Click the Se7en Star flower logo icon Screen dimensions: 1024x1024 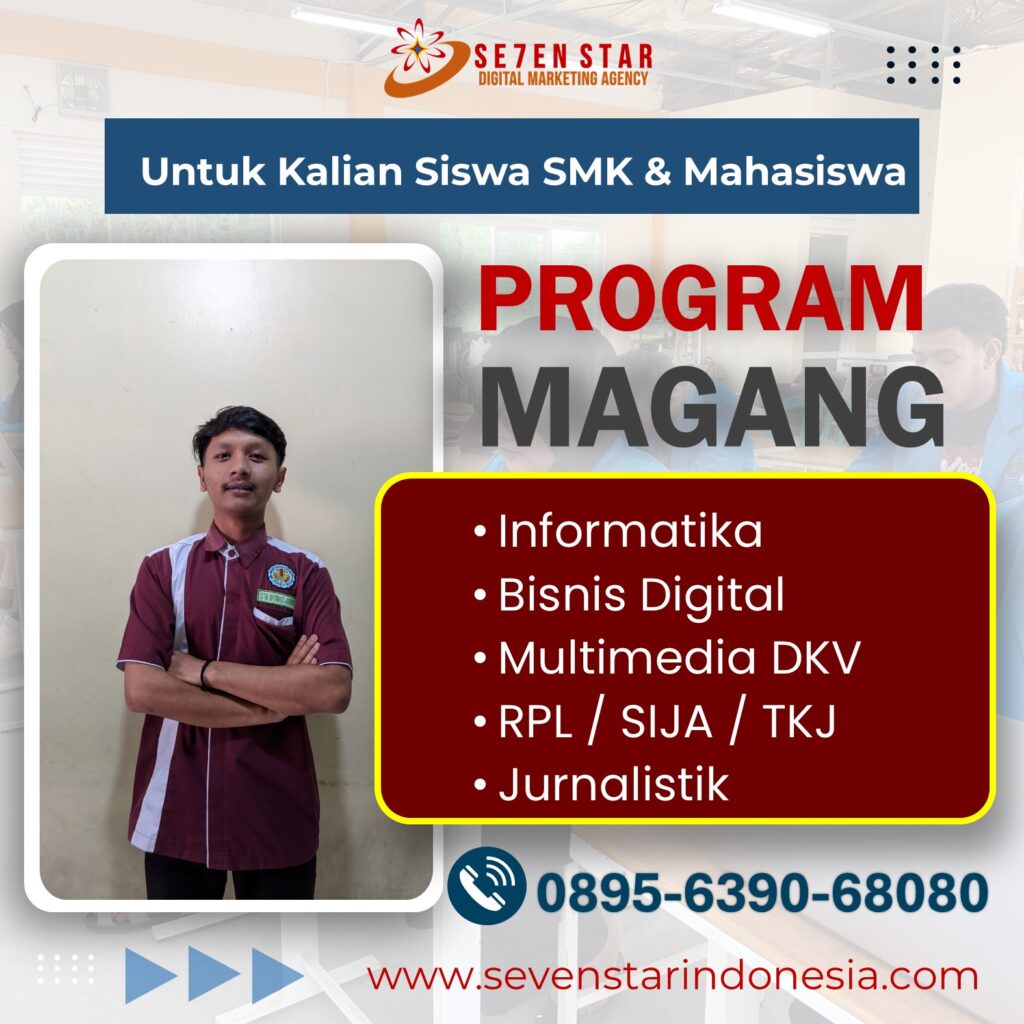click(x=423, y=57)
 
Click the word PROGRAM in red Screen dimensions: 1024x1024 click(x=701, y=299)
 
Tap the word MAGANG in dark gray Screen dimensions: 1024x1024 click(x=712, y=409)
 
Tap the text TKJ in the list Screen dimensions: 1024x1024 click(x=799, y=721)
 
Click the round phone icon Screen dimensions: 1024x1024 click(x=486, y=885)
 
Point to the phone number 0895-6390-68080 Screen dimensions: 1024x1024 click(x=762, y=892)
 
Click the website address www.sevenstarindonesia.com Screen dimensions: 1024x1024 click(x=672, y=976)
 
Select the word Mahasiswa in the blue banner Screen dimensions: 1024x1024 click(x=795, y=172)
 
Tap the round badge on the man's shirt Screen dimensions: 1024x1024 click(x=281, y=575)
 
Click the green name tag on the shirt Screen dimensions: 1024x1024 click(x=276, y=598)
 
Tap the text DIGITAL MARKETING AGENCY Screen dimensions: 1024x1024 click(x=563, y=78)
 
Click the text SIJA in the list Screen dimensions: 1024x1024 click(x=666, y=721)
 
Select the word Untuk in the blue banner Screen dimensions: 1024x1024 click(x=203, y=172)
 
